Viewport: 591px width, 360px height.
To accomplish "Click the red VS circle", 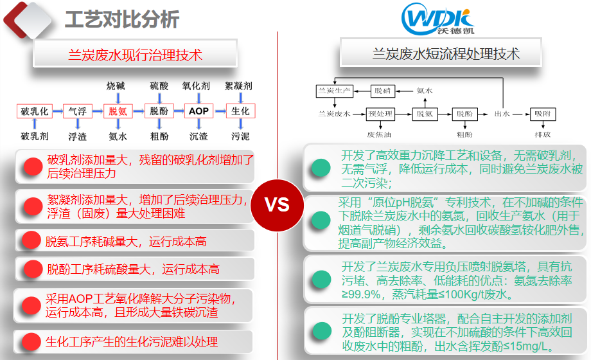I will click(x=277, y=205).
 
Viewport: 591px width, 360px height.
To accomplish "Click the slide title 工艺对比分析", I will click(x=122, y=20).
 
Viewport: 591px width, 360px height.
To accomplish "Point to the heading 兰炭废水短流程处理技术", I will click(x=446, y=54).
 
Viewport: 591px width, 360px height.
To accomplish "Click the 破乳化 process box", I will click(x=34, y=111).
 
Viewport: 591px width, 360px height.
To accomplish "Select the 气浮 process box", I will click(x=77, y=111).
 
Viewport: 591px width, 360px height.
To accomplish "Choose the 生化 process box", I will click(x=240, y=111).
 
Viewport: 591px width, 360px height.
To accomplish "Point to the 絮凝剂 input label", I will click(x=238, y=85).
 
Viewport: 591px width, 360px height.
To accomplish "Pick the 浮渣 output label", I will click(x=77, y=136).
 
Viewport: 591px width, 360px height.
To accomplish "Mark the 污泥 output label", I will click(x=240, y=136).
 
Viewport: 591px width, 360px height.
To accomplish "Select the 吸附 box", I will click(x=542, y=114).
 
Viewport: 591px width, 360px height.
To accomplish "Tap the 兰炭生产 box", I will click(x=335, y=91).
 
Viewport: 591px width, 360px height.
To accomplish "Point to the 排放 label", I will click(x=542, y=135).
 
